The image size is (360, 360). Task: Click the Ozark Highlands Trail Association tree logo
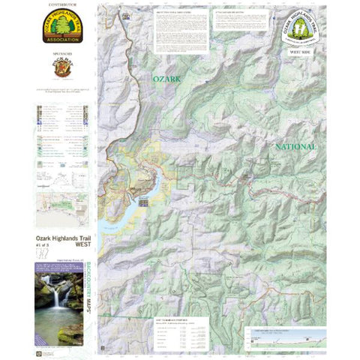pyautogui.click(x=62, y=27)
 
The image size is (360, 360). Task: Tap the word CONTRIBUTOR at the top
pyautogui.click(x=62, y=5)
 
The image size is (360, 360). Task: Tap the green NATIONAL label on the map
pyautogui.click(x=295, y=147)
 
